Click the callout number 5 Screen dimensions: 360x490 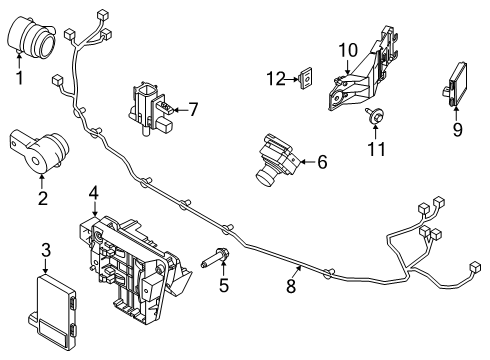(x=224, y=286)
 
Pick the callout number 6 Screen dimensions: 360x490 (x=322, y=159)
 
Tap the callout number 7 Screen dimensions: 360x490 (x=193, y=108)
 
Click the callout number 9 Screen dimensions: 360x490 (x=456, y=128)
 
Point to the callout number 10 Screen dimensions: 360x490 (x=347, y=49)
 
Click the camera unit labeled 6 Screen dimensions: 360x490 (x=274, y=158)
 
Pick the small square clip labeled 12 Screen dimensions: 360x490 (x=308, y=77)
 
